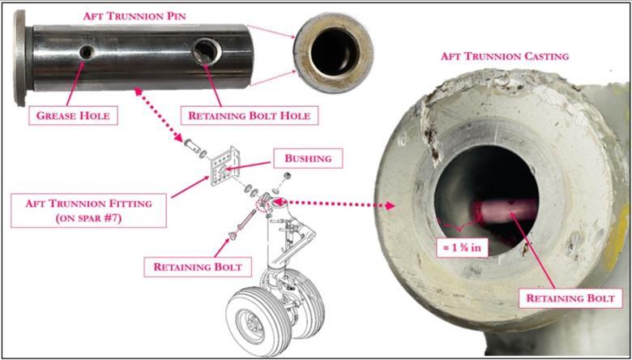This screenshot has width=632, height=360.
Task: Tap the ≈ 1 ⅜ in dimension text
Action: (x=459, y=246)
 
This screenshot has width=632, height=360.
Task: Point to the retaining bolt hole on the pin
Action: (x=203, y=54)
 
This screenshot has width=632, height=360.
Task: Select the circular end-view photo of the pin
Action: (x=333, y=50)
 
